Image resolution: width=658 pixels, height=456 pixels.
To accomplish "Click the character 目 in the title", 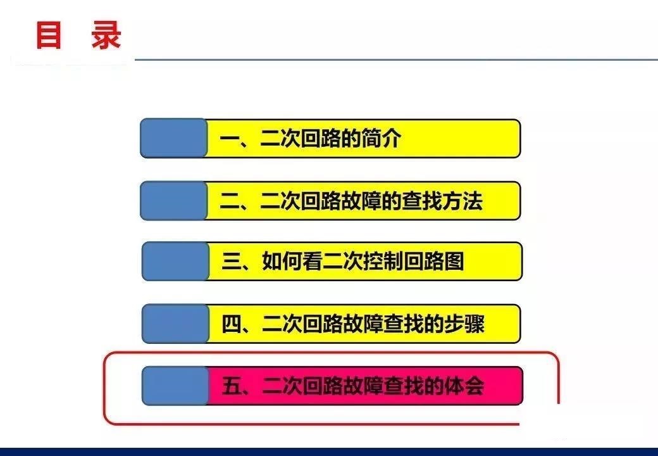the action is pos(49,35).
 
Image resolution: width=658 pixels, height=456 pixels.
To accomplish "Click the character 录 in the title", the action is pos(106,35).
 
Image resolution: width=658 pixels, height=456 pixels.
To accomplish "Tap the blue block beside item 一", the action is pos(174,138).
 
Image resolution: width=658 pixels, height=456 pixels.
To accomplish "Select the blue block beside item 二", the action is pos(174,201).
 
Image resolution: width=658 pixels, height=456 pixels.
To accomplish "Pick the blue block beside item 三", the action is pos(175,261).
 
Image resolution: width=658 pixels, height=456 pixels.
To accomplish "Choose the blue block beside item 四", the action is pos(175,324).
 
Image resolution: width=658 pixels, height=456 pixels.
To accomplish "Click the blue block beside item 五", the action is pos(175,386).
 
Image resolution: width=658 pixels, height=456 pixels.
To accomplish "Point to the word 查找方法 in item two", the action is pos(442,201).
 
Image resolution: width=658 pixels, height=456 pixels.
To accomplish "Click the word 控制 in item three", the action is pos(383,261).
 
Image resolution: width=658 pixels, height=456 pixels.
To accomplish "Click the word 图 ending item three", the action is pos(454,261).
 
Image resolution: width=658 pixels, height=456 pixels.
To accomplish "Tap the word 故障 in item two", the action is pos(361,201).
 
